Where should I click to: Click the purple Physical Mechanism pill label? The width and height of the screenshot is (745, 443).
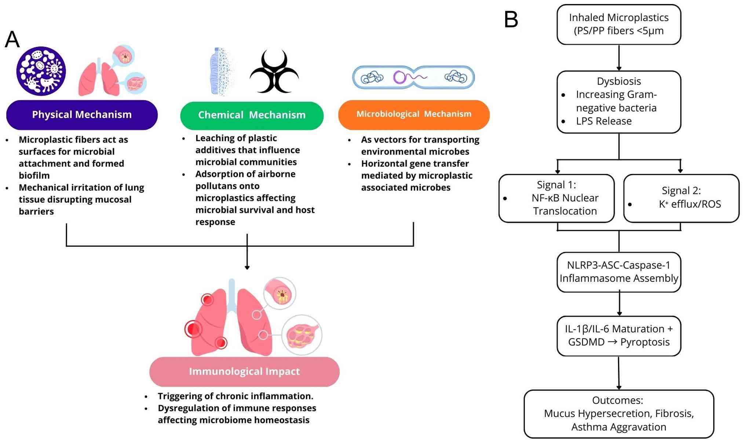coord(82,115)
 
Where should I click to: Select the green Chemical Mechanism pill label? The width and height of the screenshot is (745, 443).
coord(252,115)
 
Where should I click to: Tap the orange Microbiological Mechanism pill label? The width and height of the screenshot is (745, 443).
coord(414,114)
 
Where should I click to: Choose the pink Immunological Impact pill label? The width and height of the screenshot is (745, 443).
coord(244,372)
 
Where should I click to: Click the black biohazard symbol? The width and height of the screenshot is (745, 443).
coord(274,71)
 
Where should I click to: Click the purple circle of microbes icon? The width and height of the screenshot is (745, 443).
coord(41,71)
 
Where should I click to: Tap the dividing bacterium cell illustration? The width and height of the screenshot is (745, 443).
coord(413,77)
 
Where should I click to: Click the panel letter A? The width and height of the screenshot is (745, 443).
coord(12,40)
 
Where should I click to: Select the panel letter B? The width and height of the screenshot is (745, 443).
coord(511,19)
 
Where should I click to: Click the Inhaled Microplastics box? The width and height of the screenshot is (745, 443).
coord(619,25)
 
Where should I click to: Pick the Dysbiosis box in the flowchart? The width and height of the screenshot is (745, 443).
coord(619,102)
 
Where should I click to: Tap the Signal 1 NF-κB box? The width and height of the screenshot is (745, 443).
coord(556,198)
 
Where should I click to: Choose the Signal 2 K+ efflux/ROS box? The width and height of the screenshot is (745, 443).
coord(681,198)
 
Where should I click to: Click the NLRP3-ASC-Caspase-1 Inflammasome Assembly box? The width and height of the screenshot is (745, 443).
coord(619,272)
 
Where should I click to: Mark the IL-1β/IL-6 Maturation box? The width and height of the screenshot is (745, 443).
coord(619,336)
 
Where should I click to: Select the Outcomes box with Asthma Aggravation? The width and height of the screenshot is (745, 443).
coord(619,414)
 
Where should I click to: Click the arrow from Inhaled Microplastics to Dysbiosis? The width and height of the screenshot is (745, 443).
coord(619,58)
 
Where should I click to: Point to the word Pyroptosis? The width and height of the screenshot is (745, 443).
coord(644,342)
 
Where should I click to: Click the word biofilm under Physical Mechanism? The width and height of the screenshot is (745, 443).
coord(34,176)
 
